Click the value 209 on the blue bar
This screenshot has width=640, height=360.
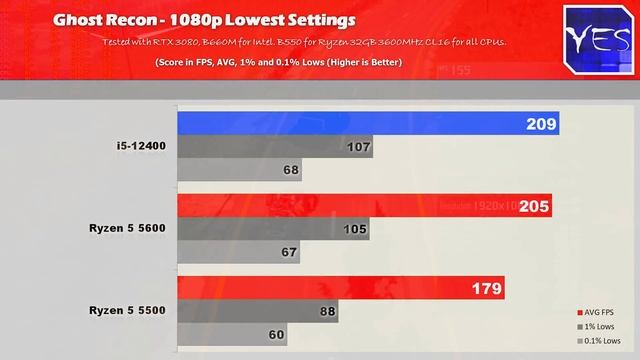[x=536, y=124]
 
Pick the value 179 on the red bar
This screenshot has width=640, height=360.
[x=486, y=289]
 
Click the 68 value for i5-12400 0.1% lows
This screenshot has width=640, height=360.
[x=290, y=170]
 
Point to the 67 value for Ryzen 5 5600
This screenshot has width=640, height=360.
[x=289, y=252]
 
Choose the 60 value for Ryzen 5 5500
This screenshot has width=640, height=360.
[x=275, y=335]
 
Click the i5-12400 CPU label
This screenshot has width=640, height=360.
[x=138, y=147]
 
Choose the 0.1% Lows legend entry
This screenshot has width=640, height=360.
[x=601, y=341]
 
